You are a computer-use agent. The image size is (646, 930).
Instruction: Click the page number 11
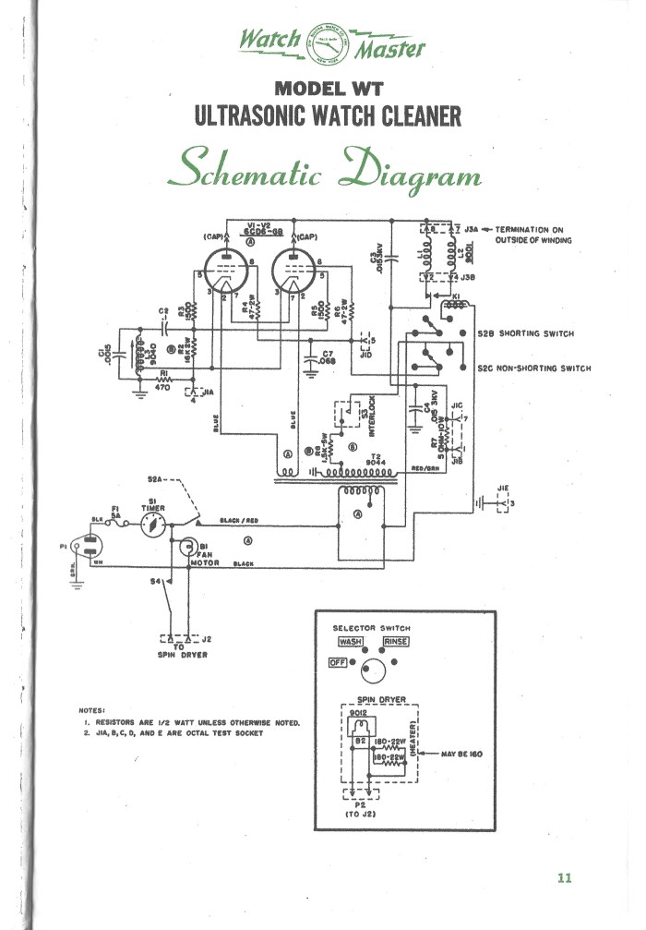[x=565, y=877]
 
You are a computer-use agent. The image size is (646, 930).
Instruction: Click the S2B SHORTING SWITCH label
[x=525, y=333]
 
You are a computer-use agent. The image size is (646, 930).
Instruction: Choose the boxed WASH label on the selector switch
[x=351, y=641]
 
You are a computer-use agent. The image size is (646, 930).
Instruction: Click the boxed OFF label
[x=336, y=662]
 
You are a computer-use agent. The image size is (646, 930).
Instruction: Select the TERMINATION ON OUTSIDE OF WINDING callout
[x=533, y=235]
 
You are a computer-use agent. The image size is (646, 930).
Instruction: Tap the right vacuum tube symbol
[x=295, y=272]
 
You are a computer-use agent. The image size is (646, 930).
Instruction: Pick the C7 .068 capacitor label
[x=327, y=356]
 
